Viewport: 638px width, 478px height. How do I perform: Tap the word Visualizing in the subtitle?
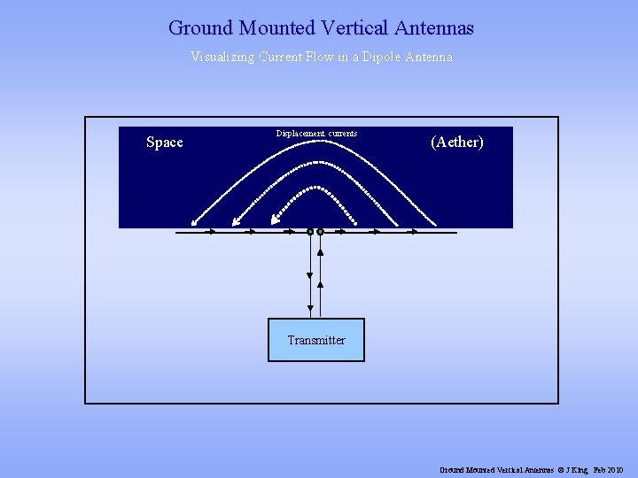click(x=222, y=57)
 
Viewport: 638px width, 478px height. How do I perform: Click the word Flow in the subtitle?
click(x=308, y=57)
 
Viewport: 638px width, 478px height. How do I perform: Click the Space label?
click(x=165, y=142)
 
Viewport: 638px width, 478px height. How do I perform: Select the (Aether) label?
click(x=457, y=142)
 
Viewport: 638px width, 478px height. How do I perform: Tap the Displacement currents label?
click(x=316, y=134)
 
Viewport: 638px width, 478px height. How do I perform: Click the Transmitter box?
click(x=316, y=340)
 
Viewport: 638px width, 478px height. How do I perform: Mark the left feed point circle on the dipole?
click(x=310, y=232)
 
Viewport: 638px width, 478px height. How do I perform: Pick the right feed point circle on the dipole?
click(x=320, y=232)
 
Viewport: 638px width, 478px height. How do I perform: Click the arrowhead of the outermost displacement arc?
click(x=194, y=221)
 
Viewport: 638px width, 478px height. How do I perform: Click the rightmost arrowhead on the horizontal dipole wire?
click(x=414, y=232)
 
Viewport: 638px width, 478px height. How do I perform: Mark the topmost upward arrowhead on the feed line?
click(x=320, y=252)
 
